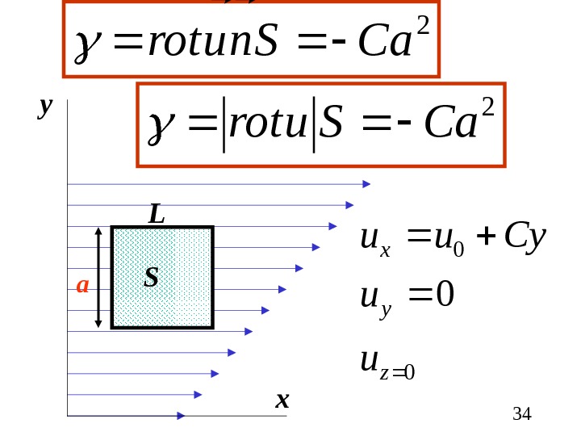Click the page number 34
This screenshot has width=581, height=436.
522,415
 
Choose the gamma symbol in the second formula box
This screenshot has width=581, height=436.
157,127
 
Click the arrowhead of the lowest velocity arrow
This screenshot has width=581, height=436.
181,416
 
